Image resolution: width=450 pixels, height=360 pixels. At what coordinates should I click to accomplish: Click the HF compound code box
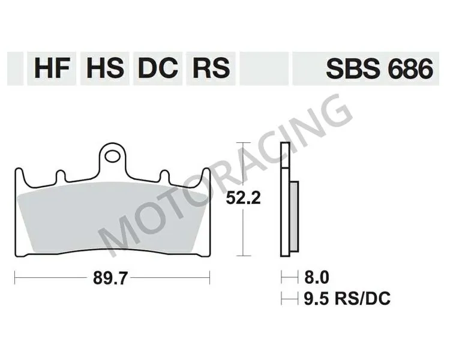pyautogui.click(x=52, y=69)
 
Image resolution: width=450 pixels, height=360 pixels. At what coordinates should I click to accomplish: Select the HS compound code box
pyautogui.click(x=104, y=69)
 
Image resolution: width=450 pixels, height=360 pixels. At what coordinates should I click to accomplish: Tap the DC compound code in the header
pyautogui.click(x=157, y=69)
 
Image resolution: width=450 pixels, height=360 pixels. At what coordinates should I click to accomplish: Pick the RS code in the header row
pyautogui.click(x=210, y=69)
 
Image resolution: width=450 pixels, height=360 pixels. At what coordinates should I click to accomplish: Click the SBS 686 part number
pyautogui.click(x=379, y=69)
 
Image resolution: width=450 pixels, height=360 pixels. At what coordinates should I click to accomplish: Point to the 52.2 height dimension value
pyautogui.click(x=242, y=199)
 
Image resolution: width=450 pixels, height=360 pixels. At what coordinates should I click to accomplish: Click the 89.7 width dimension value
pyautogui.click(x=112, y=278)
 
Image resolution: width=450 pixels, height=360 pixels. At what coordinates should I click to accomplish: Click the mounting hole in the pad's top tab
pyautogui.click(x=111, y=157)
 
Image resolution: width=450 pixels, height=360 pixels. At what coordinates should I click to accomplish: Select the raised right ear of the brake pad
pyautogui.click(x=206, y=177)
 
